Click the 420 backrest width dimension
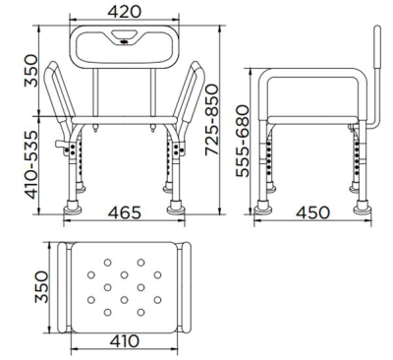coord(129,11)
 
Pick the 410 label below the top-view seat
coord(123,341)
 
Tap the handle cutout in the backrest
coord(129,40)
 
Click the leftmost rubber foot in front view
coord(75,209)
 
